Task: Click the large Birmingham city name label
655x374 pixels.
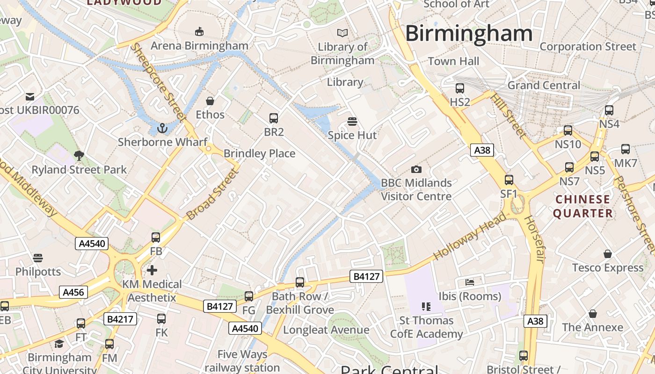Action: click(469, 34)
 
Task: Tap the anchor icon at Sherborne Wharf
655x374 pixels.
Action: click(162, 128)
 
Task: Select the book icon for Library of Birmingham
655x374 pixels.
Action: click(342, 33)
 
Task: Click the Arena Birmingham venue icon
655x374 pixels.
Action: click(199, 31)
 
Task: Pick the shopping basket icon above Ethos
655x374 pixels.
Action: click(210, 101)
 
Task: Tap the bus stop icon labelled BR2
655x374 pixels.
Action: click(274, 118)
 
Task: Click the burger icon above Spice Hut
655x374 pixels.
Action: click(352, 122)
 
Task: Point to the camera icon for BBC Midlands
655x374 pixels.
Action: click(416, 169)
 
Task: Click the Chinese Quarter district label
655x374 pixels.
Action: click(582, 206)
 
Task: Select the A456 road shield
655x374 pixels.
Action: click(73, 293)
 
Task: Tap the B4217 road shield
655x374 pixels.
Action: click(120, 319)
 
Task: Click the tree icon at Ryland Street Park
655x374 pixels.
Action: click(79, 156)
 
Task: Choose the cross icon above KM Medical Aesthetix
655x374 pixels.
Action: click(152, 270)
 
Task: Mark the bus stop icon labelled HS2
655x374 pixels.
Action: click(460, 88)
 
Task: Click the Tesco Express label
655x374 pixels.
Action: click(608, 268)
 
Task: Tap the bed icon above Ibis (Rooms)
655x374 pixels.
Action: click(470, 282)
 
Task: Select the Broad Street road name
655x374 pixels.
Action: click(212, 195)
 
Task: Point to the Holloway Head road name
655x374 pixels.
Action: click(470, 236)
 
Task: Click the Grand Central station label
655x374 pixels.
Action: click(544, 85)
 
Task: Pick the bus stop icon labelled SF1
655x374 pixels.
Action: click(509, 180)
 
